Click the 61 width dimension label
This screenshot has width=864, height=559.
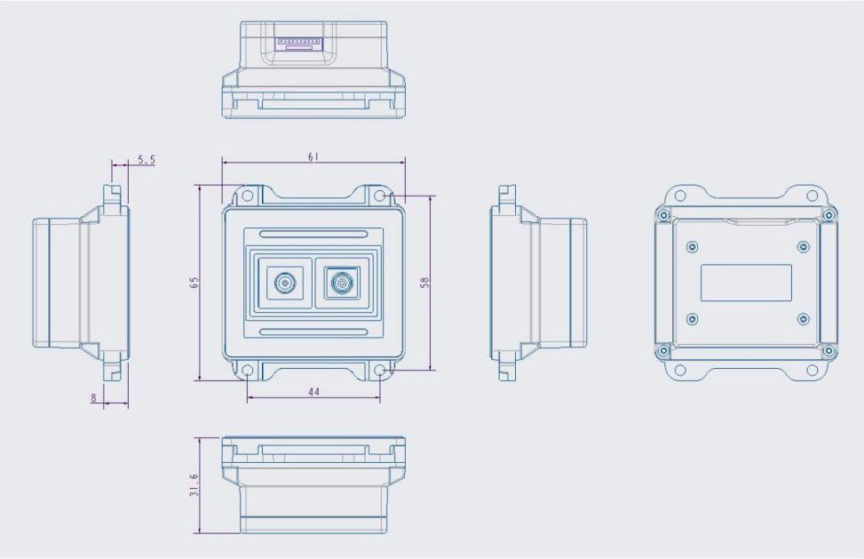[313, 157]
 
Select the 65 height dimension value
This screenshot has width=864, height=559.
[194, 283]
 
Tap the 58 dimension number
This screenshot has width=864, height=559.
[424, 283]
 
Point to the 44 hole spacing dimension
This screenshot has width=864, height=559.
[313, 392]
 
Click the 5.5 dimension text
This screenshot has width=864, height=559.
[147, 160]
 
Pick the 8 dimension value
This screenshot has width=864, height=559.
[93, 397]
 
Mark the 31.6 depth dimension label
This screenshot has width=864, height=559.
[194, 485]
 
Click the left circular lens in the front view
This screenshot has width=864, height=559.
[285, 283]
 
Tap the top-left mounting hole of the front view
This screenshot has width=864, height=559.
[248, 196]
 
